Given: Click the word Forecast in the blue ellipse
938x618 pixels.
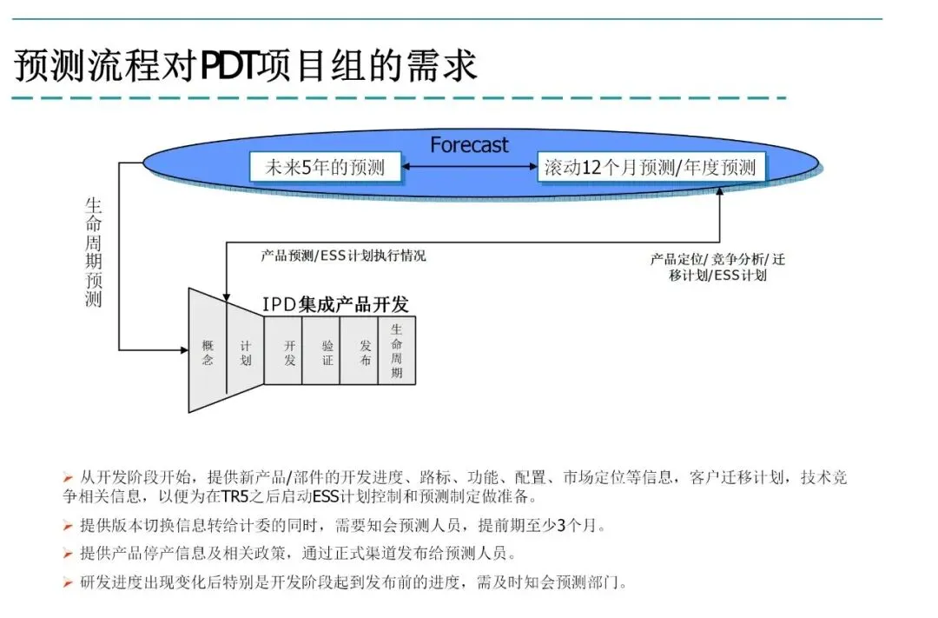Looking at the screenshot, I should (469, 144).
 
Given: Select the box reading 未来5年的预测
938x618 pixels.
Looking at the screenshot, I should (325, 168).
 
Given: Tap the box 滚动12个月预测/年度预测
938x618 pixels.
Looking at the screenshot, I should (650, 168).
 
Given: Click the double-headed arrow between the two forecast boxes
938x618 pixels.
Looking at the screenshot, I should (470, 168).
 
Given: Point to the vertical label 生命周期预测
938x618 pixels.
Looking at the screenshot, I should (93, 252).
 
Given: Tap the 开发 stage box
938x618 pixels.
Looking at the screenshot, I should (283, 352).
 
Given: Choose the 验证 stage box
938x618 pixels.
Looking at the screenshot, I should (321, 352).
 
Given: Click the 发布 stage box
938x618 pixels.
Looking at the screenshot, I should (360, 352).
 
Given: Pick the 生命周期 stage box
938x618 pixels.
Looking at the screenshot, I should (397, 351).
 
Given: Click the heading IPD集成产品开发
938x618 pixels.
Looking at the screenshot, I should (335, 304).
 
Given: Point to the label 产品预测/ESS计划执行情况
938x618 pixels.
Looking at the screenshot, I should (344, 256).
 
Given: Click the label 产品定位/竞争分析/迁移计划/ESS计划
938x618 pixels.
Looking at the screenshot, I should (718, 267).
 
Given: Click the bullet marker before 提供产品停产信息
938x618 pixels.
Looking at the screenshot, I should (68, 554).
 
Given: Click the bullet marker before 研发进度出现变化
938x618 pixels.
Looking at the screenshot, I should (68, 582).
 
